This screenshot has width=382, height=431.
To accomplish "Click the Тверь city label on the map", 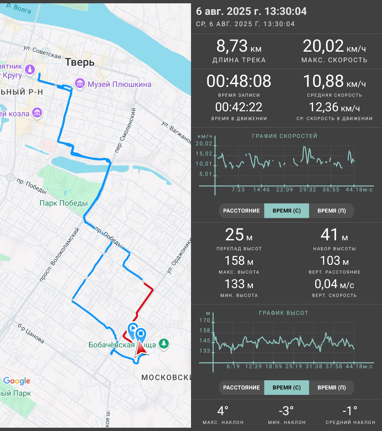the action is point(80,62).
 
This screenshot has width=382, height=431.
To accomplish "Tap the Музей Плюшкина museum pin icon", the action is point(80,84).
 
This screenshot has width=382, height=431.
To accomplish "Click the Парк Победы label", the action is point(64,203).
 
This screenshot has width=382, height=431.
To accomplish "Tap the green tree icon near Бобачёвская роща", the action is point(164,343).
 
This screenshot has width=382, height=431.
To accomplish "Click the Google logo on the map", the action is point(17,381).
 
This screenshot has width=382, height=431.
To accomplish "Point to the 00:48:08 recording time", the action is point(239,81).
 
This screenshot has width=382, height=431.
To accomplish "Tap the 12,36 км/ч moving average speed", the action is point(334,107).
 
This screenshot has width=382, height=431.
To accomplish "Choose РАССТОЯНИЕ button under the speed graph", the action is point(241,211).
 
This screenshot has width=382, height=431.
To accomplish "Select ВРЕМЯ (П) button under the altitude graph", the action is point(332,388).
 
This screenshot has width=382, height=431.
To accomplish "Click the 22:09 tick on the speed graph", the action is point(284,190).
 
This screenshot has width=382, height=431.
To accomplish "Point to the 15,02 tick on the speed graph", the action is point(204,154).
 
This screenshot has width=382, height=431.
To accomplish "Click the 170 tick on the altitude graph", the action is point(205,320).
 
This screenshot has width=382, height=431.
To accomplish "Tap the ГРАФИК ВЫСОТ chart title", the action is point(283,313).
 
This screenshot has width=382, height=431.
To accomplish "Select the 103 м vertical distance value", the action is point(334,261).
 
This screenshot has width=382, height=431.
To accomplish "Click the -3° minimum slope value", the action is point(286,411).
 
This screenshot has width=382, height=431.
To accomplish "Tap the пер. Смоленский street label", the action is point(125,130).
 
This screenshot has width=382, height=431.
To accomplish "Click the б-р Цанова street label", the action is point(31,333).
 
